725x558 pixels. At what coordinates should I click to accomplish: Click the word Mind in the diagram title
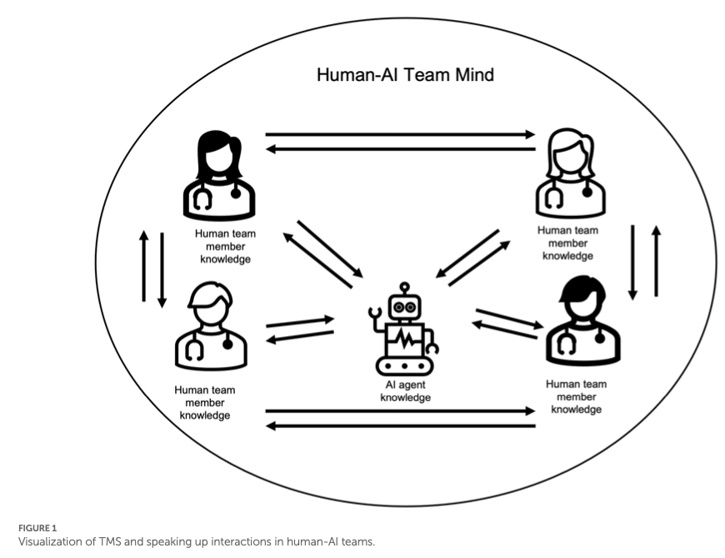coord(470,75)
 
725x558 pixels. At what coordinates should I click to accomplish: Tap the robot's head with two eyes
coord(404,308)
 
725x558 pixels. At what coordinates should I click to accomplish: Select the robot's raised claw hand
coord(375,316)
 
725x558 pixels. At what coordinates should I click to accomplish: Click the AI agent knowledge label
coord(405,392)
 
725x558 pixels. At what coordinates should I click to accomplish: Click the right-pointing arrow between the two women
coord(400,133)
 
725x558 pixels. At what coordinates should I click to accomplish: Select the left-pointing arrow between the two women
coord(400,149)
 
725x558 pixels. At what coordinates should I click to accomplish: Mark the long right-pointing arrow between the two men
coord(400,410)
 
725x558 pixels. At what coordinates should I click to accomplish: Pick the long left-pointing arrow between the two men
coord(400,426)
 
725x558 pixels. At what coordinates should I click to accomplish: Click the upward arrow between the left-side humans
coord(144,267)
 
